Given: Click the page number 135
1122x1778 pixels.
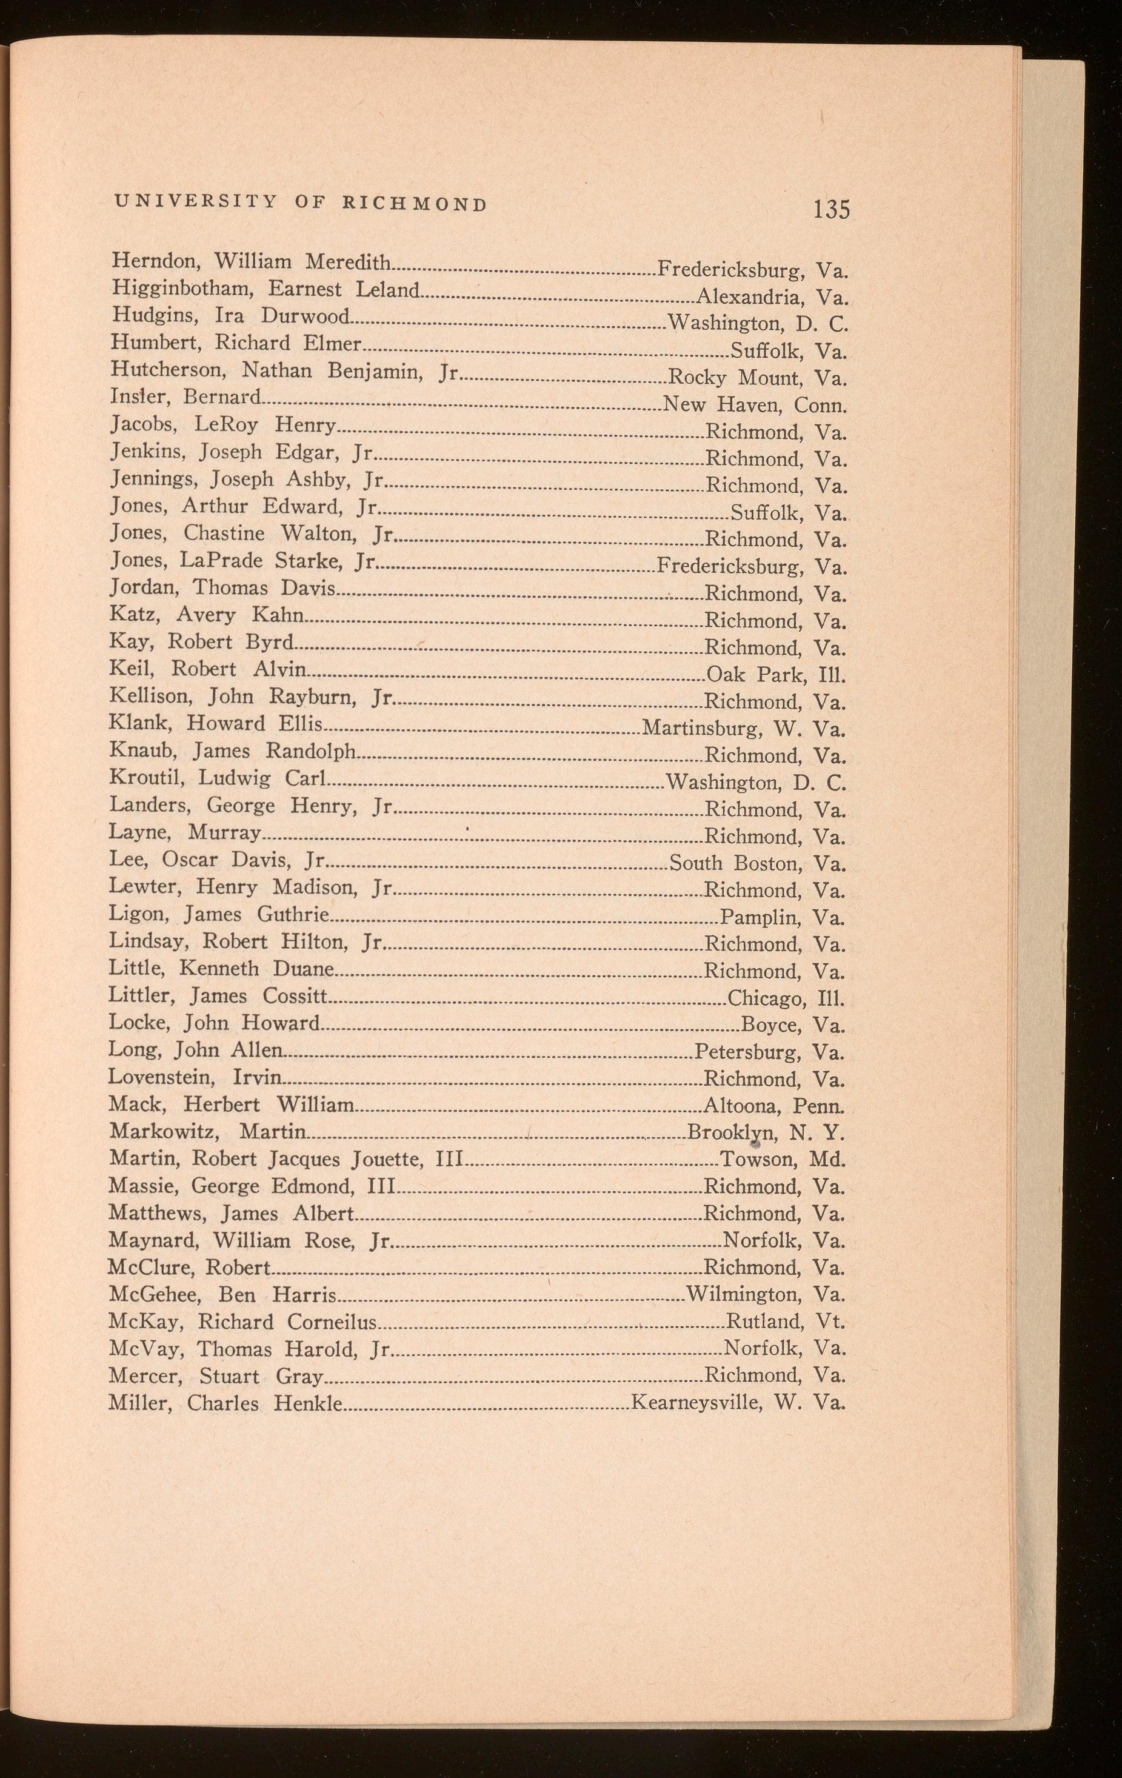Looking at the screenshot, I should (x=831, y=209).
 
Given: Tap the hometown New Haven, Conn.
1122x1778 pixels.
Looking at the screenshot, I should (x=755, y=404).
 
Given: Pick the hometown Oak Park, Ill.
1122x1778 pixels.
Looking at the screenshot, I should (x=775, y=674).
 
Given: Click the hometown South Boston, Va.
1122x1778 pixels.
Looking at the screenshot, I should (x=757, y=863).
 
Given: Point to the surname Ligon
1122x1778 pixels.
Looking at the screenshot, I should (x=138, y=915).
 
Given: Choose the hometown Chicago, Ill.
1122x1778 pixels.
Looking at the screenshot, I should (x=786, y=999).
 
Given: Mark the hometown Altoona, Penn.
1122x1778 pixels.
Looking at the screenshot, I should (x=773, y=1106).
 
